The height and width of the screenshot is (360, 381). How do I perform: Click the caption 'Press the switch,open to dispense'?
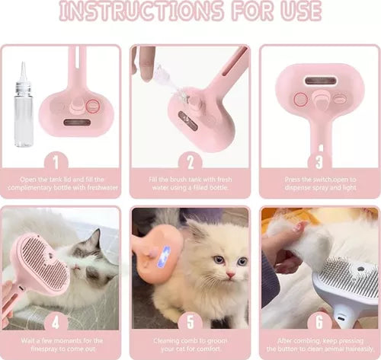tap(319, 183)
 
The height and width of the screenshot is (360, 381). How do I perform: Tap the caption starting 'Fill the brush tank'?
tap(190, 183)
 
